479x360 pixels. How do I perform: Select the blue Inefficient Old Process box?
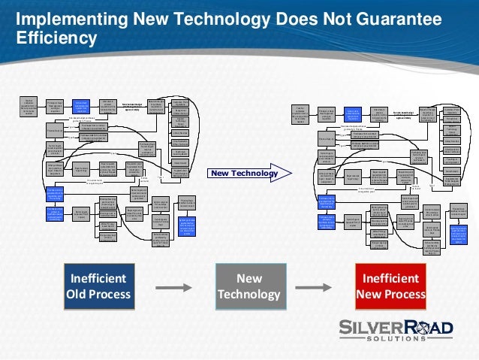tap(98, 284)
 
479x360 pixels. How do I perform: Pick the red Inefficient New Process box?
tap(390, 284)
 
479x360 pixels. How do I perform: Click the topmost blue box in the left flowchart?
tap(80, 107)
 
